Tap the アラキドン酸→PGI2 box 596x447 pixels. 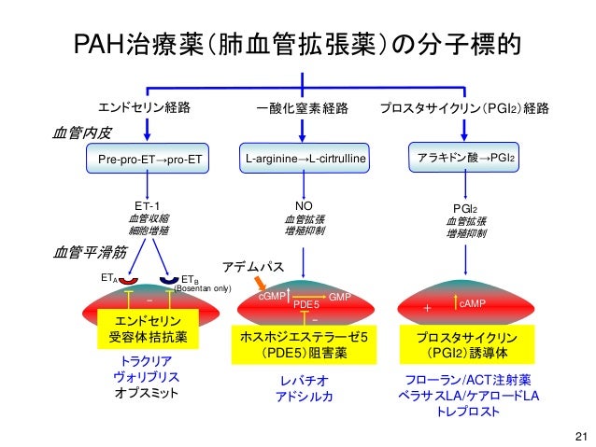click(x=466, y=160)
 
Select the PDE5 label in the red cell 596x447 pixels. click(x=306, y=304)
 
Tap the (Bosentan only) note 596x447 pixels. click(x=203, y=289)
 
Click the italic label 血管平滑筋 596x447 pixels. click(x=78, y=252)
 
